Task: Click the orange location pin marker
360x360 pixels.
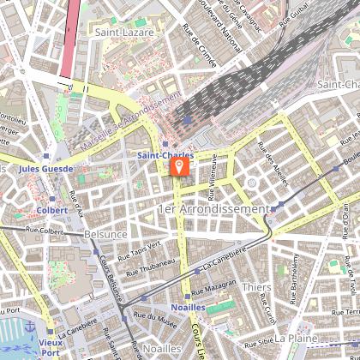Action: click(179, 163)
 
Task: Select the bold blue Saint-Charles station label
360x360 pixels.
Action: click(165, 156)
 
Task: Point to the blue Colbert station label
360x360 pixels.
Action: click(51, 209)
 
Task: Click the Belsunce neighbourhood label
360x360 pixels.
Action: click(106, 233)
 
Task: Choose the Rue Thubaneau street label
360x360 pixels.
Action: click(150, 269)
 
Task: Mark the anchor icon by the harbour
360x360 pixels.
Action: click(29, 327)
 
